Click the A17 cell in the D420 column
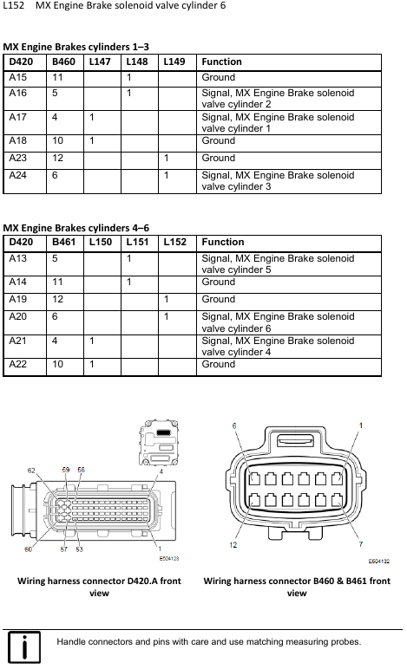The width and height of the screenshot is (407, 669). coord(18,117)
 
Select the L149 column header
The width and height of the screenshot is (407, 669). coord(174,62)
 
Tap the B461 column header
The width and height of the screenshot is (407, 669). coord(63,242)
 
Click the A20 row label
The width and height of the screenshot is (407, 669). coord(18,316)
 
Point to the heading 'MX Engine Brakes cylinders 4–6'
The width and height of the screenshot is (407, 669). coord(76,228)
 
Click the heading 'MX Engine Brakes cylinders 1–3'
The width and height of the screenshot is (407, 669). coord(76,47)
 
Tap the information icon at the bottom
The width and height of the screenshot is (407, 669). coord(24,647)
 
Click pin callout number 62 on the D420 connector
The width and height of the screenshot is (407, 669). coord(31,471)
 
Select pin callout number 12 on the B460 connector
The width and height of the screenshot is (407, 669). coord(233,545)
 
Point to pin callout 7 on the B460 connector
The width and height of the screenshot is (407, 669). coord(361,544)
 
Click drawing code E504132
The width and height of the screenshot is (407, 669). coord(379,561)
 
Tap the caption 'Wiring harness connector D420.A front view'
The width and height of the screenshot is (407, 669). coord(99,587)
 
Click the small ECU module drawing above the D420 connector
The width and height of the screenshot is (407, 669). coord(159,443)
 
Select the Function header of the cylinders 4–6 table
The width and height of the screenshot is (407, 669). coord(223,242)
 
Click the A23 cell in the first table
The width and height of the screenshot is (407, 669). coord(18,158)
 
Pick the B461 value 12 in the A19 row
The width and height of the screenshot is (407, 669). coord(57,299)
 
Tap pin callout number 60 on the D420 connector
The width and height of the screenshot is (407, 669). coord(28,549)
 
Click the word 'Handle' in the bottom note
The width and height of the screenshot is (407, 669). coord(71,641)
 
